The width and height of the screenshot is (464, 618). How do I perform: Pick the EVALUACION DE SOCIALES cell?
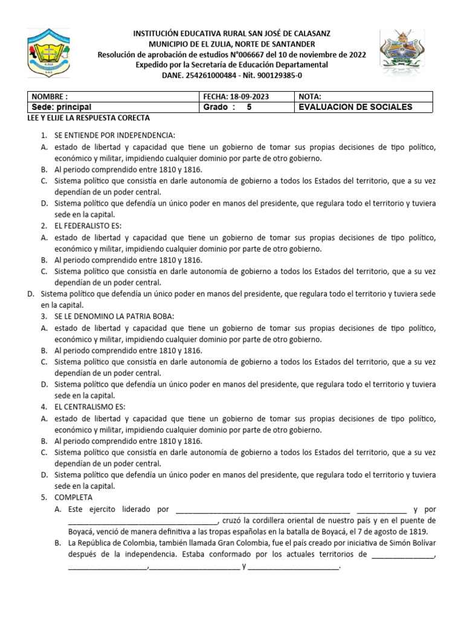point(356,107)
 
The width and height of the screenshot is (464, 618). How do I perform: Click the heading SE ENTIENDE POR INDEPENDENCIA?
point(114,135)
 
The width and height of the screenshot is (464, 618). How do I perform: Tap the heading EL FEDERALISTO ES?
point(88,226)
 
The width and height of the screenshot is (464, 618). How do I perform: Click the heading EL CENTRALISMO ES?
point(89,407)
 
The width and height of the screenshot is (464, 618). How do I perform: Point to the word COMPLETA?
point(73,497)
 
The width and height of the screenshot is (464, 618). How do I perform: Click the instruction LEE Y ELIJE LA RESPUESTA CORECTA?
point(90,118)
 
